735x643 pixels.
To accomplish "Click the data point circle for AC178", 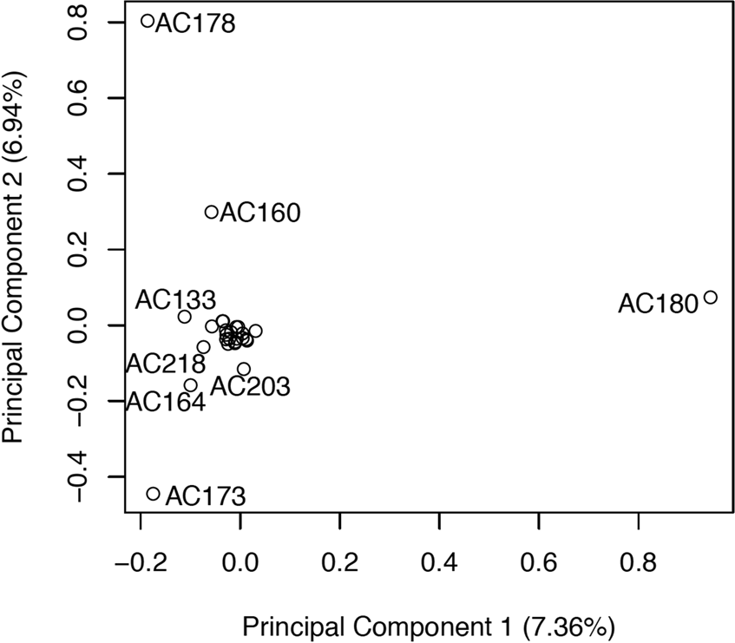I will (x=148, y=21).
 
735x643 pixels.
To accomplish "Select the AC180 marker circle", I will (x=710, y=298).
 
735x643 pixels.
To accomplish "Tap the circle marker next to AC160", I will (x=211, y=212).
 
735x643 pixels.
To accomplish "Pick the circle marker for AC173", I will (x=154, y=494).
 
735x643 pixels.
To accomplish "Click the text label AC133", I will (x=175, y=300).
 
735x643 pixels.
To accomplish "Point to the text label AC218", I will (x=165, y=363).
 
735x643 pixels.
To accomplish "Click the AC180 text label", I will (x=658, y=304).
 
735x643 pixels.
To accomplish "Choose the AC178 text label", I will (x=195, y=23).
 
